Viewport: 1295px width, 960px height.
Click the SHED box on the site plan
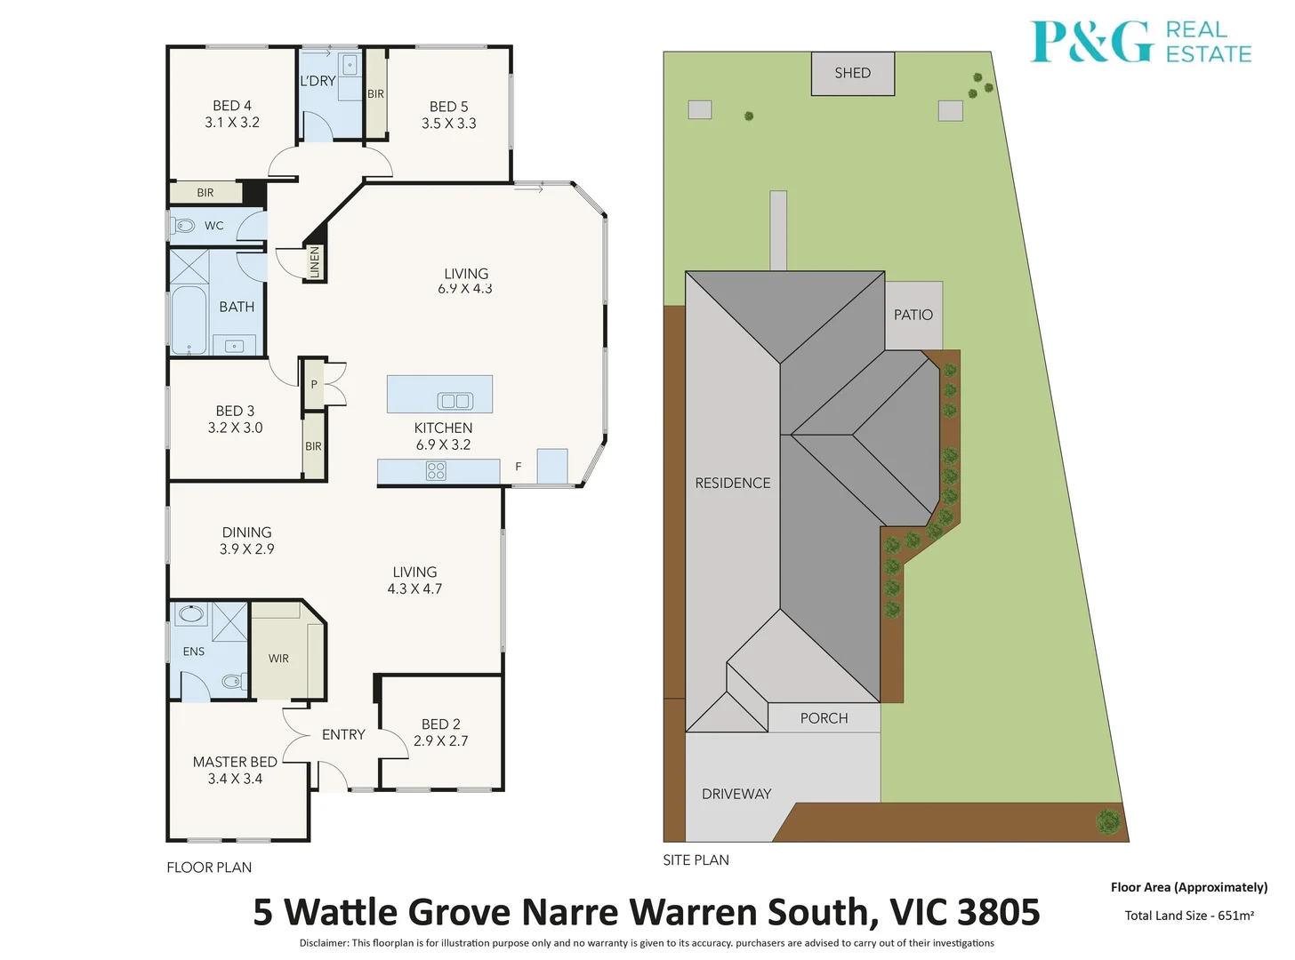[x=852, y=73]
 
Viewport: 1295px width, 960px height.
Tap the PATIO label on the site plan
[x=913, y=315]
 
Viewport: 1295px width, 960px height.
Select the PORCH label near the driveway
[x=824, y=718]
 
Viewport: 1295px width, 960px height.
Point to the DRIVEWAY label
[x=736, y=794]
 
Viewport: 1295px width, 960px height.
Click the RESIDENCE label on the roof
[x=732, y=483]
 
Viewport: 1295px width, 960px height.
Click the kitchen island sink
[x=455, y=401]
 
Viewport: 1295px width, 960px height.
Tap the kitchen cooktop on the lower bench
[x=436, y=471]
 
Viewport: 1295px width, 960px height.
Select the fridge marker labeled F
[x=519, y=467]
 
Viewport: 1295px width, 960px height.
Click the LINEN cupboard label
[x=314, y=263]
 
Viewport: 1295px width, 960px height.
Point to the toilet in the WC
[x=184, y=225]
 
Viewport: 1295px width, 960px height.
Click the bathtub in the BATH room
[x=189, y=319]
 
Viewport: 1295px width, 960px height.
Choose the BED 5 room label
[x=448, y=107]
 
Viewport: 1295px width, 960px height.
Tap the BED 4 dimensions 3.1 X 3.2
[x=232, y=123]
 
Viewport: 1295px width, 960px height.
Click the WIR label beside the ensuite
[x=278, y=659]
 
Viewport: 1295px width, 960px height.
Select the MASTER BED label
[x=235, y=762]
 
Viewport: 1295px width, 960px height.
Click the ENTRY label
[x=343, y=734]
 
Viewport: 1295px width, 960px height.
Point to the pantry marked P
[x=313, y=385]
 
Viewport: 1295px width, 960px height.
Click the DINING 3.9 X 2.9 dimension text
[x=246, y=549]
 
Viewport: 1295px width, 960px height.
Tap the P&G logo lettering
[x=1091, y=42]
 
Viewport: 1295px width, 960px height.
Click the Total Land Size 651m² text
[x=1189, y=916]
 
